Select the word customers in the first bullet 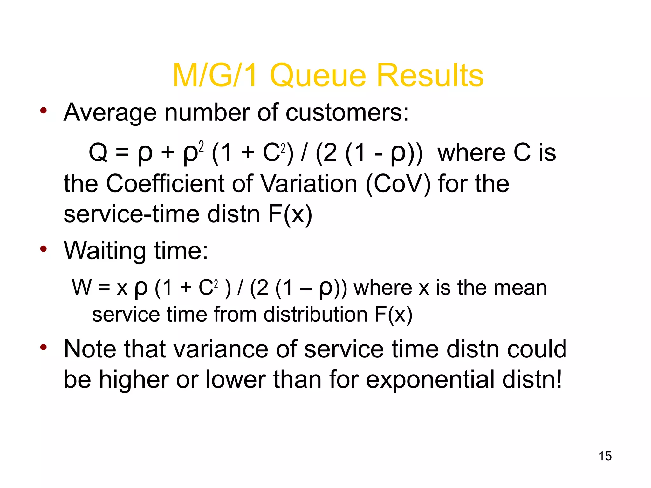[347, 112]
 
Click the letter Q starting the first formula [98, 152]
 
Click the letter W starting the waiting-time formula [82, 288]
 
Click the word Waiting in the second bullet [105, 251]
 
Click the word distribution [315, 315]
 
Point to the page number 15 [605, 456]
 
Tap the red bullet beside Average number [44, 111]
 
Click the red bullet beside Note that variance [44, 347]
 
